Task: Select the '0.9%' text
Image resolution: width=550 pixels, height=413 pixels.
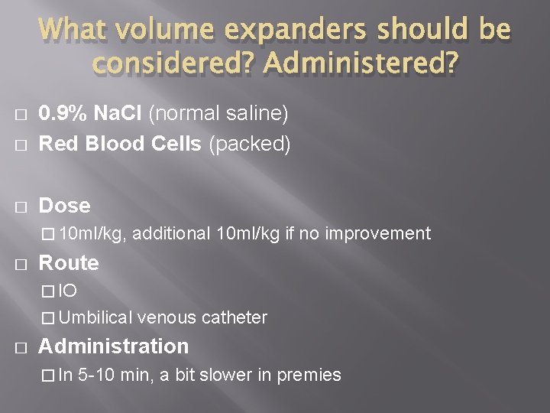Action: click(x=63, y=115)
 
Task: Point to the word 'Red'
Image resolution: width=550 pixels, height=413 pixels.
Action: click(x=53, y=144)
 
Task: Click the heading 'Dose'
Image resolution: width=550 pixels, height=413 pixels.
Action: click(x=64, y=206)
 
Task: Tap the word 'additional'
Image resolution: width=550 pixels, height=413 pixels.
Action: click(x=173, y=234)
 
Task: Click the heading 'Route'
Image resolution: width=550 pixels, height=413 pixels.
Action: click(x=69, y=263)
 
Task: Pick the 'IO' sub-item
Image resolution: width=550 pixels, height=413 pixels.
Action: click(x=68, y=291)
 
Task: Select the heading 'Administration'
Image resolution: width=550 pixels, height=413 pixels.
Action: click(x=113, y=346)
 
